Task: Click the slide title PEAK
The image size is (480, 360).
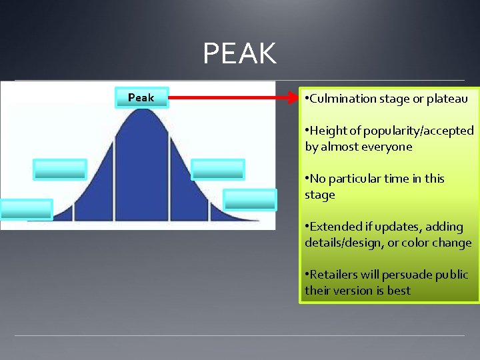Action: coord(239,53)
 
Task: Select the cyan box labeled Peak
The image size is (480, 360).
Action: coord(141,98)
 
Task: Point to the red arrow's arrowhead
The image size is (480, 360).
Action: coord(293,98)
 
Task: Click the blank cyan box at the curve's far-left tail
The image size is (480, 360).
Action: coord(26,209)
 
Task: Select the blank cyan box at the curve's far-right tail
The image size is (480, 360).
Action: coord(249,200)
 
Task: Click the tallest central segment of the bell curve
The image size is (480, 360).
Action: coord(141,173)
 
